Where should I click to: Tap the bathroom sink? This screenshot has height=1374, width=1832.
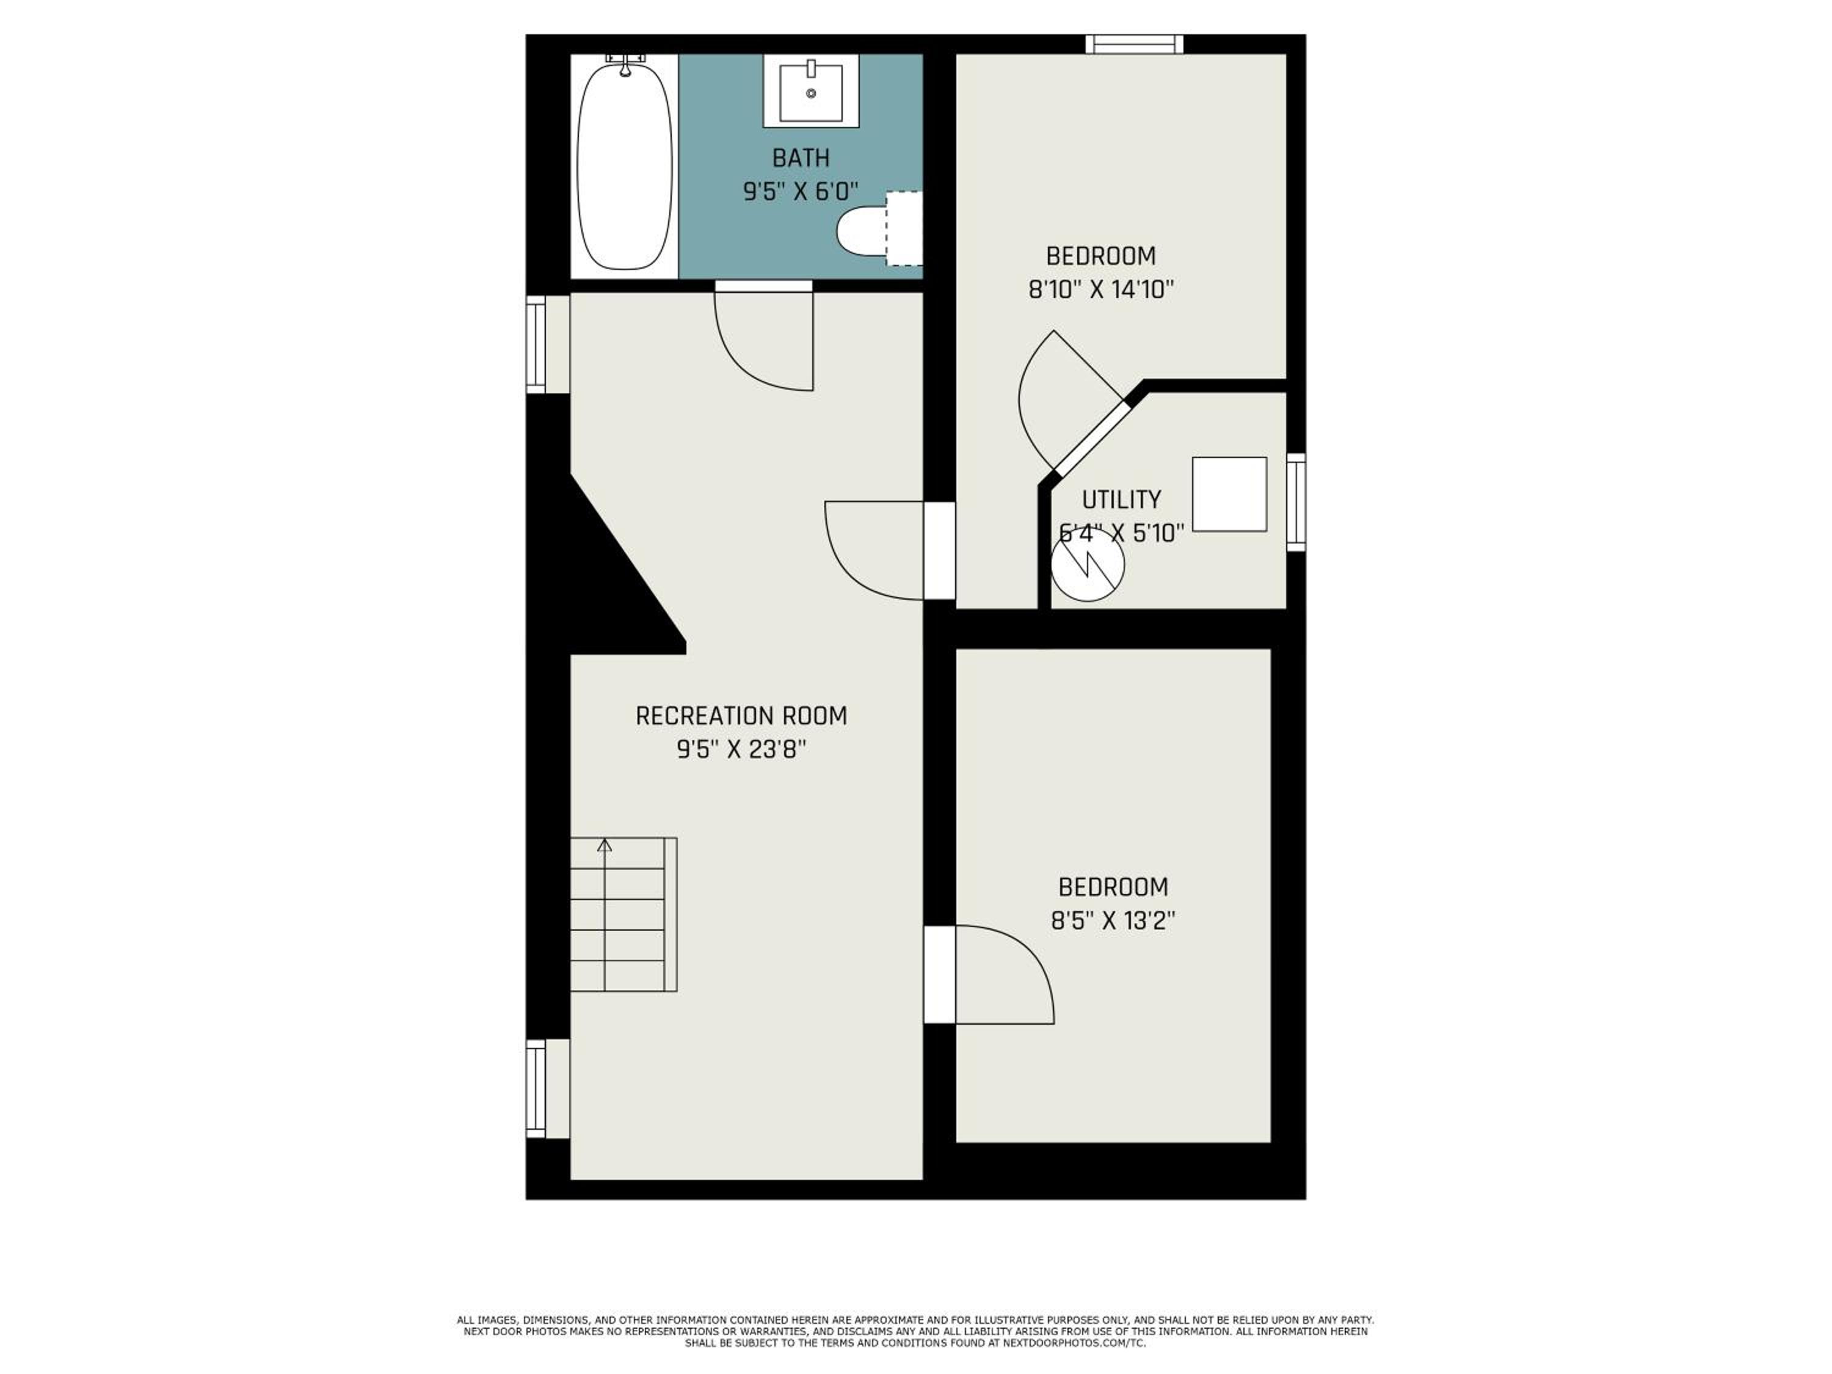pos(811,91)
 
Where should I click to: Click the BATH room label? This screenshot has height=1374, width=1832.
pos(801,158)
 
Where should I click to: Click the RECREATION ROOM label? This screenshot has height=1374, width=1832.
pos(741,716)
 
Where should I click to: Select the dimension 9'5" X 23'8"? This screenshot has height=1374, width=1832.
pos(741,749)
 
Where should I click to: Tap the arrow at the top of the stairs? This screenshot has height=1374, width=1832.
pos(605,845)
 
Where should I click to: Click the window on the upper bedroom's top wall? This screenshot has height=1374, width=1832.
pos(1134,44)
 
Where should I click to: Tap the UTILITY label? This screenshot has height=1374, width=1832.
pos(1121,500)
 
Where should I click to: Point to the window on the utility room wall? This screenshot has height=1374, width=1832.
pos(1296,502)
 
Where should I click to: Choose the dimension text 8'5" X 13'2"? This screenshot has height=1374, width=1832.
pos(1113,921)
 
